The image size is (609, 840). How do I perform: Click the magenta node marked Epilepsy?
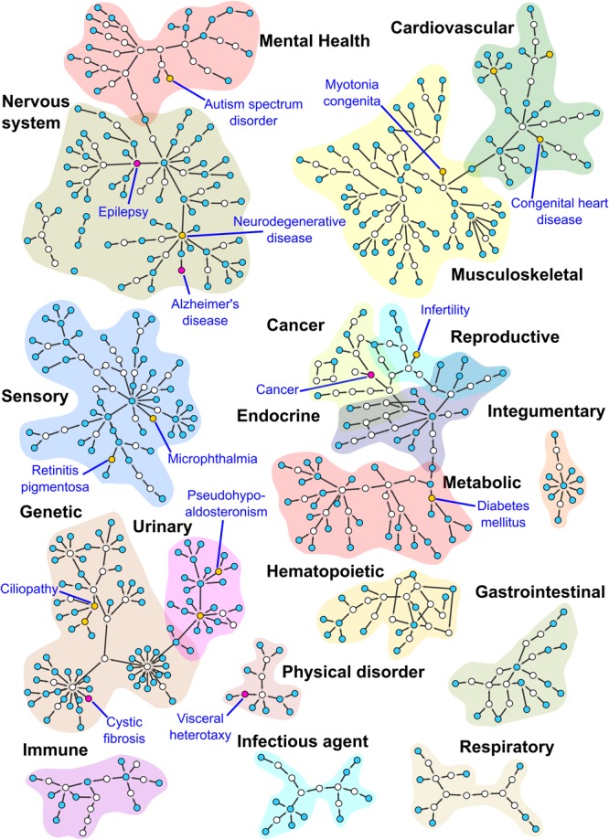pyautogui.click(x=137, y=164)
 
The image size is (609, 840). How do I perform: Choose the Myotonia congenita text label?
pyautogui.click(x=369, y=93)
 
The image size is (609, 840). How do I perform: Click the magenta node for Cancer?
pyautogui.click(x=371, y=375)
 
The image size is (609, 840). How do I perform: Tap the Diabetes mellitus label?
pyautogui.click(x=512, y=515)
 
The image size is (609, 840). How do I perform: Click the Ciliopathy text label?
pyautogui.click(x=32, y=590)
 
